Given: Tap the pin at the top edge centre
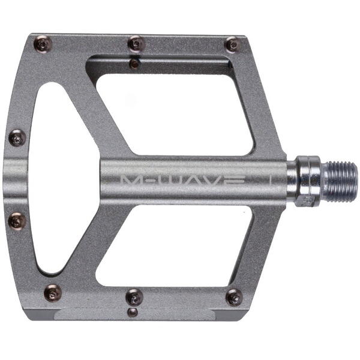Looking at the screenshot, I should pyautogui.click(x=136, y=44).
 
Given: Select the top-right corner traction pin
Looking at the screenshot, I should pyautogui.click(x=232, y=44).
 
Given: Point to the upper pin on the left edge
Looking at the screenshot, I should pyautogui.click(x=17, y=139).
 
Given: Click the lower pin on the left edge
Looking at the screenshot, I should pyautogui.click(x=17, y=221).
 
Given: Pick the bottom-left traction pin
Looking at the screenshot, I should pyautogui.click(x=52, y=293).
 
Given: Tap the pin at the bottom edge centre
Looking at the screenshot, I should pyautogui.click(x=134, y=296).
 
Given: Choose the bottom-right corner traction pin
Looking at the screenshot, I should pyautogui.click(x=233, y=297).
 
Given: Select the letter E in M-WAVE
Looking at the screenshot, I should pyautogui.click(x=235, y=181).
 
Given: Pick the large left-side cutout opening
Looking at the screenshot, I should pyautogui.click(x=57, y=180).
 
